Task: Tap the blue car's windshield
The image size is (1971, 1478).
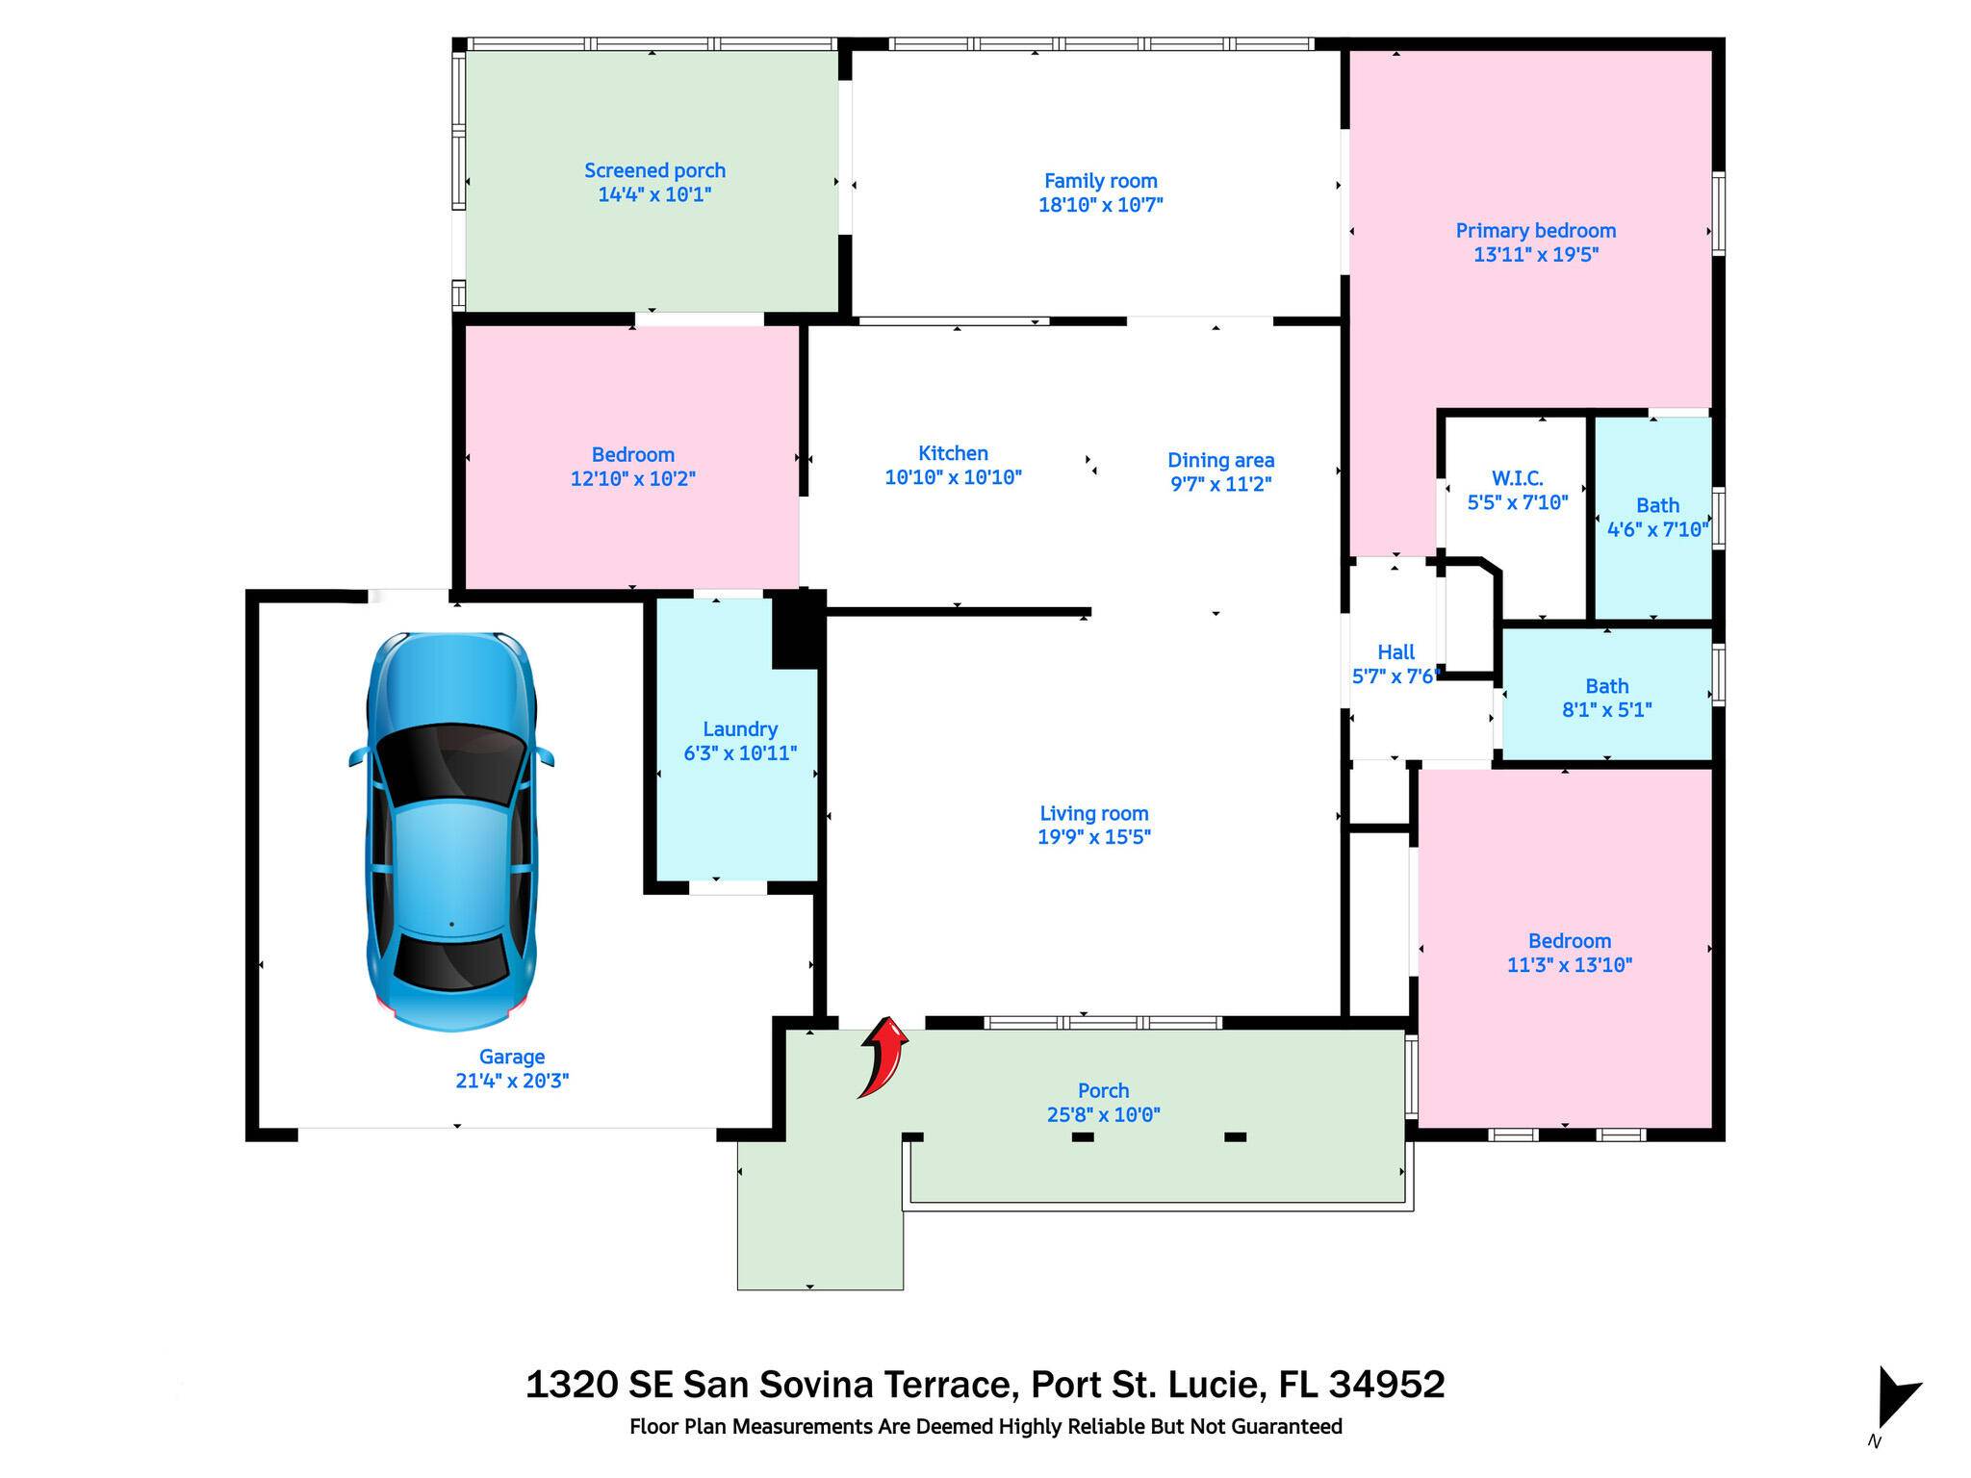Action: (x=450, y=766)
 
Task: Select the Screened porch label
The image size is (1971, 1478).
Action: (x=654, y=171)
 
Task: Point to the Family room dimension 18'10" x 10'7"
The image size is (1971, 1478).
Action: (x=1100, y=205)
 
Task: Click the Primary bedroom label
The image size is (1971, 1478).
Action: (x=1535, y=231)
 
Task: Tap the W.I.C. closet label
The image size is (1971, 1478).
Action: (x=1517, y=478)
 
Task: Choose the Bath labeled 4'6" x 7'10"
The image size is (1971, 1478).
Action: (x=1657, y=517)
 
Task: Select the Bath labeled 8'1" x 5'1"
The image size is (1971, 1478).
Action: (x=1606, y=698)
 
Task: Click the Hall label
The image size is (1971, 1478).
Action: (x=1395, y=652)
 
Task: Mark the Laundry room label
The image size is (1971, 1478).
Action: (x=739, y=729)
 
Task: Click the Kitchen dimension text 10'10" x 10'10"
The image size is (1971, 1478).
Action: (x=953, y=477)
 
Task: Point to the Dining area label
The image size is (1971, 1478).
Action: (x=1220, y=461)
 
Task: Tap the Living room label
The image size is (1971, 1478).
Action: (x=1093, y=814)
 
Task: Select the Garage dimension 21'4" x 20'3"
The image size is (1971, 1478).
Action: (x=512, y=1081)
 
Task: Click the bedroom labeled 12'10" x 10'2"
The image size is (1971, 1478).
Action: (x=632, y=467)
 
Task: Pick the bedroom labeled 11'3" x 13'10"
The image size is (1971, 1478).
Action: (x=1569, y=953)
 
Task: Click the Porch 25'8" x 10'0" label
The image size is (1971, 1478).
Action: (x=1103, y=1103)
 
